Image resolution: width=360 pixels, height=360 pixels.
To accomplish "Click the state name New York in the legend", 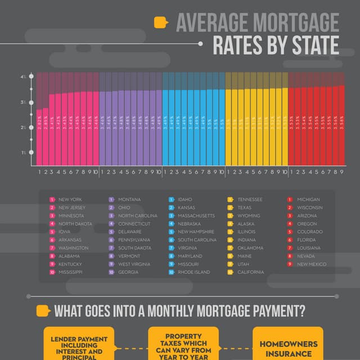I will coord(71,199).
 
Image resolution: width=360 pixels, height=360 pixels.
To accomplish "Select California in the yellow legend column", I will coord(250,272).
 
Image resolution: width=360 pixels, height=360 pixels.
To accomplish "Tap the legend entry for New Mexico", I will coord(312,264).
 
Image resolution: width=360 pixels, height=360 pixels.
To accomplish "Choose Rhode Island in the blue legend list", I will coord(193,272).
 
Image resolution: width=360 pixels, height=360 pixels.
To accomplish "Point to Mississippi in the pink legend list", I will coord(70,272).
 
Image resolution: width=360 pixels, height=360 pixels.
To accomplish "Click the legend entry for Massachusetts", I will coord(196,215).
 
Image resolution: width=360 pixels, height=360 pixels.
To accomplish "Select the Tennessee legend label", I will coord(250,199).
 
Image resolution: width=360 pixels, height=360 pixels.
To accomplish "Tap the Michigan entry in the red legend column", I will coord(308,199).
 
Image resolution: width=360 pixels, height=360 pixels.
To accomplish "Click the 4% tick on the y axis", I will coord(31,76).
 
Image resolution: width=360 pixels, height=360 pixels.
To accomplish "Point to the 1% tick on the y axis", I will coord(31,152).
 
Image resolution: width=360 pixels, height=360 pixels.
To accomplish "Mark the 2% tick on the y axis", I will coord(31,127).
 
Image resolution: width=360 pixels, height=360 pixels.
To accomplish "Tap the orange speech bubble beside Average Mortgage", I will coord(161,22).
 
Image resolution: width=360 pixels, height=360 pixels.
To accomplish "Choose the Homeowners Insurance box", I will coord(287,348).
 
